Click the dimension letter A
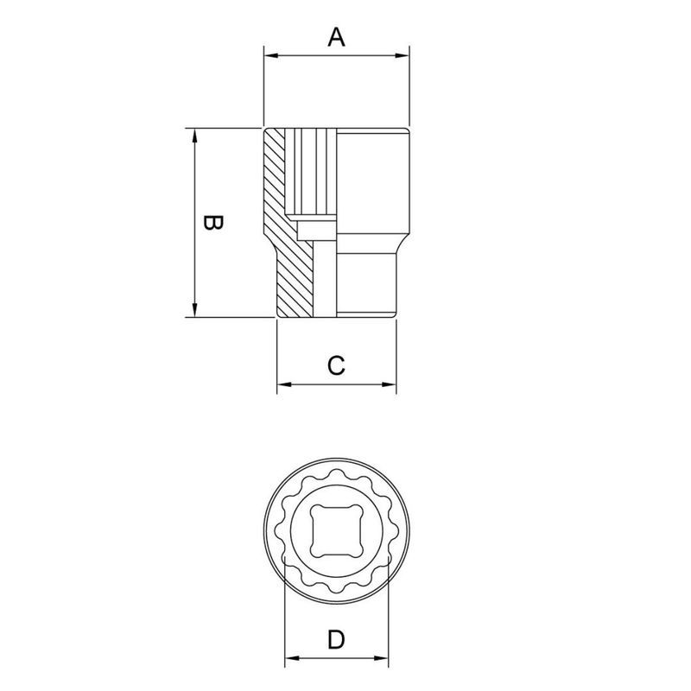[x=336, y=37]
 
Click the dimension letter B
[x=213, y=223]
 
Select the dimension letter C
[x=336, y=365]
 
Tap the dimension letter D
[x=336, y=639]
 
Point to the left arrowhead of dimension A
[x=271, y=55]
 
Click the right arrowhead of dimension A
[x=403, y=55]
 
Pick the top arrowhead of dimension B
[x=194, y=136]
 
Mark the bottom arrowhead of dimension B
[x=194, y=310]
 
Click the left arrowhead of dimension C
[x=284, y=384]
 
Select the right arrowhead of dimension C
[x=390, y=384]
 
